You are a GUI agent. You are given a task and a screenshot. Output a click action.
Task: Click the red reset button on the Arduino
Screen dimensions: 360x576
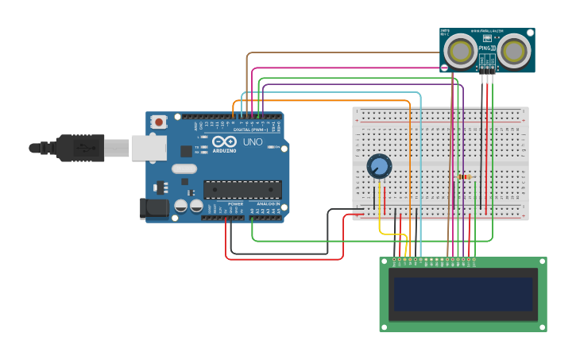(x=159, y=122)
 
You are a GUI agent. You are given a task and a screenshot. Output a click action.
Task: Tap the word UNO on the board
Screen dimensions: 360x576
(x=253, y=142)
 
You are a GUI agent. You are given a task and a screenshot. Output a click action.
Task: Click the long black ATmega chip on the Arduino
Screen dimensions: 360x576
(x=242, y=189)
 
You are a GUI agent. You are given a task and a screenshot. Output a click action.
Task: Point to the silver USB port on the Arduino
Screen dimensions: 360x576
(x=149, y=148)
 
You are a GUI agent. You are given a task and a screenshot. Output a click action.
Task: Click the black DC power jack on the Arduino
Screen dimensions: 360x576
(x=154, y=208)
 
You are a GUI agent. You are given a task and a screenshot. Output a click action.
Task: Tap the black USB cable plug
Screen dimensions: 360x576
(x=80, y=148)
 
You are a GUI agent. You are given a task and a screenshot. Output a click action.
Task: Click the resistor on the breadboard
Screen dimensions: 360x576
(x=465, y=176)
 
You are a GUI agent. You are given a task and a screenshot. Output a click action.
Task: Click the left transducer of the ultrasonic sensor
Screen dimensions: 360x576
(x=460, y=52)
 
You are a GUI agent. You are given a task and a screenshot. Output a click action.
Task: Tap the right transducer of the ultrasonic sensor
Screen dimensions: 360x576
(x=514, y=52)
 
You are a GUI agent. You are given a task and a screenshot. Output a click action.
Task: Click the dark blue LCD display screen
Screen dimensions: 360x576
(x=462, y=293)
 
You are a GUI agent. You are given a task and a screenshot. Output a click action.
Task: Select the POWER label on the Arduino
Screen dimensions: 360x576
(x=236, y=203)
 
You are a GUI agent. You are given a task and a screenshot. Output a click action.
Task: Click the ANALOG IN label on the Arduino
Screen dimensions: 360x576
(x=268, y=203)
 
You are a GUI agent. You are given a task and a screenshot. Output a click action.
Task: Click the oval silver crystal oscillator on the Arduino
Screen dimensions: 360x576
(x=184, y=168)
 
